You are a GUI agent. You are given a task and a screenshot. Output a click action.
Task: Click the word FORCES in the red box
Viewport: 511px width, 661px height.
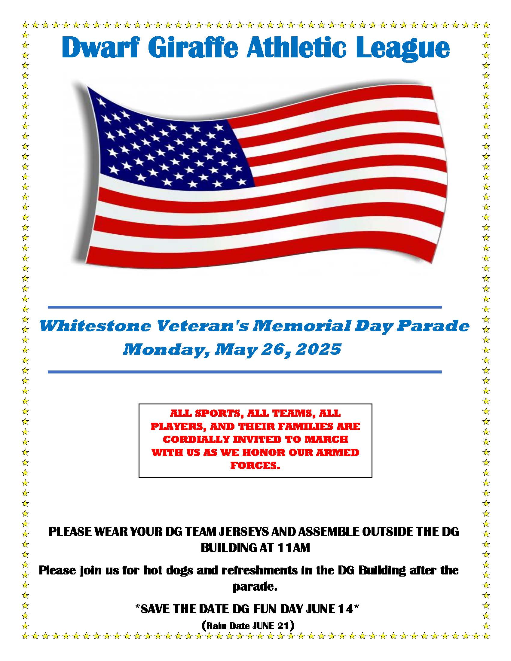click(x=253, y=465)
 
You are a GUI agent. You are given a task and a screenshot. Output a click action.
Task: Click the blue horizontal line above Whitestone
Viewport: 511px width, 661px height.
click(x=245, y=307)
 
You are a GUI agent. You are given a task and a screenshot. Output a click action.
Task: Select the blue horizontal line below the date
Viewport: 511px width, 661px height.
click(x=245, y=372)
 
